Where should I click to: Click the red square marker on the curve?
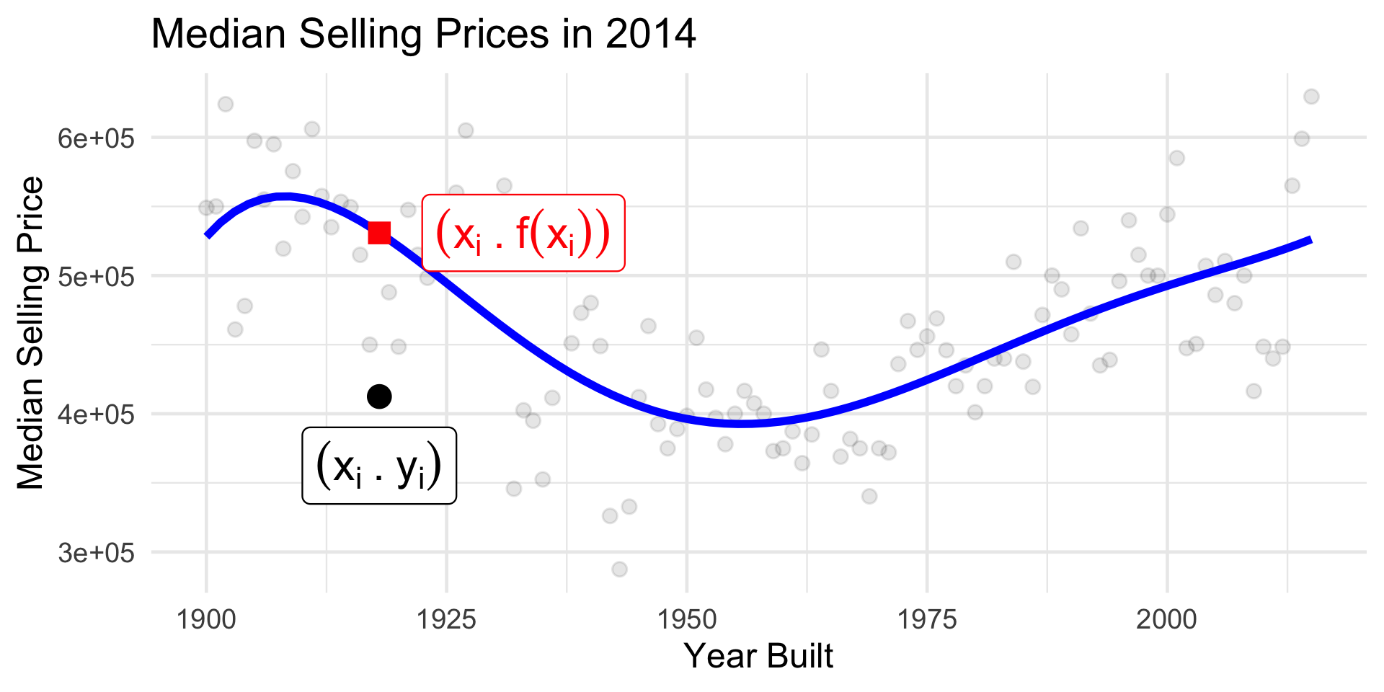(x=379, y=233)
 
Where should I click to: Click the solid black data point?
(x=379, y=396)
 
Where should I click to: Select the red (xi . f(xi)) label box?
(x=523, y=233)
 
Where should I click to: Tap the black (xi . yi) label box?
(x=379, y=466)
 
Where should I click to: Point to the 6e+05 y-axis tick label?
(x=97, y=138)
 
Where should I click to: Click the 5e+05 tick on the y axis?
(x=97, y=276)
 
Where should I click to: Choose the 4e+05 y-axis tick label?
(x=97, y=414)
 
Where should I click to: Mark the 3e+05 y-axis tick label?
(x=97, y=553)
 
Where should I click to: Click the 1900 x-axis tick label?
(x=207, y=618)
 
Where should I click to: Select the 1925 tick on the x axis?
(x=447, y=618)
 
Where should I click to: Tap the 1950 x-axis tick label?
(x=687, y=618)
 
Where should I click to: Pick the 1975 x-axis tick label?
(x=927, y=618)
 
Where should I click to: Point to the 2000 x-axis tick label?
(x=1166, y=618)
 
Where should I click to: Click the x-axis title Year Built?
(x=758, y=656)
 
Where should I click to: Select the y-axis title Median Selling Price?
(x=30, y=333)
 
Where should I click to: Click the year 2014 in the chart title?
(x=651, y=34)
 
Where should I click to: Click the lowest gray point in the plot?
(x=619, y=569)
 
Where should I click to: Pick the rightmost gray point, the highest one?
(x=1311, y=97)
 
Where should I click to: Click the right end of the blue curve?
(x=1310, y=240)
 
